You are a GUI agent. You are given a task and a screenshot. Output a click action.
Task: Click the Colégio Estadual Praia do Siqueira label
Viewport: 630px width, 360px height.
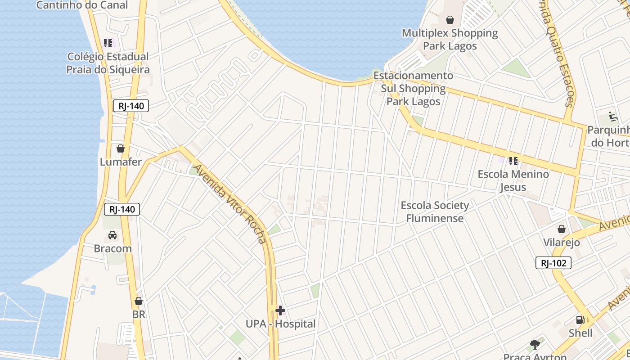point(108,63)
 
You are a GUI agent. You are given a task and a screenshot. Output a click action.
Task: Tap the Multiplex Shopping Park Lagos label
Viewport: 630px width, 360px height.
point(450,39)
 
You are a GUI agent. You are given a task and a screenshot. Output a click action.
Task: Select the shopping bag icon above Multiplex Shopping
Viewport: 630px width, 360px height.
point(450,20)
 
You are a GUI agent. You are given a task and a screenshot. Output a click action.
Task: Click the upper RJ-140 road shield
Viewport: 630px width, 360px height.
point(130,106)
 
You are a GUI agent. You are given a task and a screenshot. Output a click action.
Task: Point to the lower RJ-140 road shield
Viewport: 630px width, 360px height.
point(122,209)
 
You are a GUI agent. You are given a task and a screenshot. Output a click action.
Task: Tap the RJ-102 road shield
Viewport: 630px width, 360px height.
point(553,263)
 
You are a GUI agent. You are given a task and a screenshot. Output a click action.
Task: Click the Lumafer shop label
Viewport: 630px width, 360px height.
point(121,162)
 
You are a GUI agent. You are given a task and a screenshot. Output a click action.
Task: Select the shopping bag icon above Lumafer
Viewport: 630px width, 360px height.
point(121,148)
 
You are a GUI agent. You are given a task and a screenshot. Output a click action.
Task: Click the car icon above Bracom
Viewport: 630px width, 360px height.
point(112,235)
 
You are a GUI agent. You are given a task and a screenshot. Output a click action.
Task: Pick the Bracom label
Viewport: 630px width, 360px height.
point(112,248)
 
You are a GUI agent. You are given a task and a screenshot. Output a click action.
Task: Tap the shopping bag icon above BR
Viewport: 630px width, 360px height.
point(139,301)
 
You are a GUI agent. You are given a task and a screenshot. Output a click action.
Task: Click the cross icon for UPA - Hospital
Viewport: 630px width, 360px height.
point(280,310)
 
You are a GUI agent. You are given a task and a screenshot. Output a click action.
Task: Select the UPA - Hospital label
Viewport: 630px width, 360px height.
point(280,324)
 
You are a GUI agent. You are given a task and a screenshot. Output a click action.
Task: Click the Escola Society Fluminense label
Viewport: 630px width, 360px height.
point(435,212)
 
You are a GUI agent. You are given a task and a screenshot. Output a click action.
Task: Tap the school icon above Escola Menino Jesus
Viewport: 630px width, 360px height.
point(513,161)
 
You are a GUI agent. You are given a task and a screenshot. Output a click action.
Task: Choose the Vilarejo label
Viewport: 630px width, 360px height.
point(561,243)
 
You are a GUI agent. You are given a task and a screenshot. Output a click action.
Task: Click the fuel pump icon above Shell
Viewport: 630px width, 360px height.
point(580,320)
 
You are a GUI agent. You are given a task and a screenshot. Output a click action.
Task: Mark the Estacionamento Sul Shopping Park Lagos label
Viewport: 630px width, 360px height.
point(413,88)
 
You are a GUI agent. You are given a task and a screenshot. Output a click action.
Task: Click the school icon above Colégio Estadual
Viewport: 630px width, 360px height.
point(108,43)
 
